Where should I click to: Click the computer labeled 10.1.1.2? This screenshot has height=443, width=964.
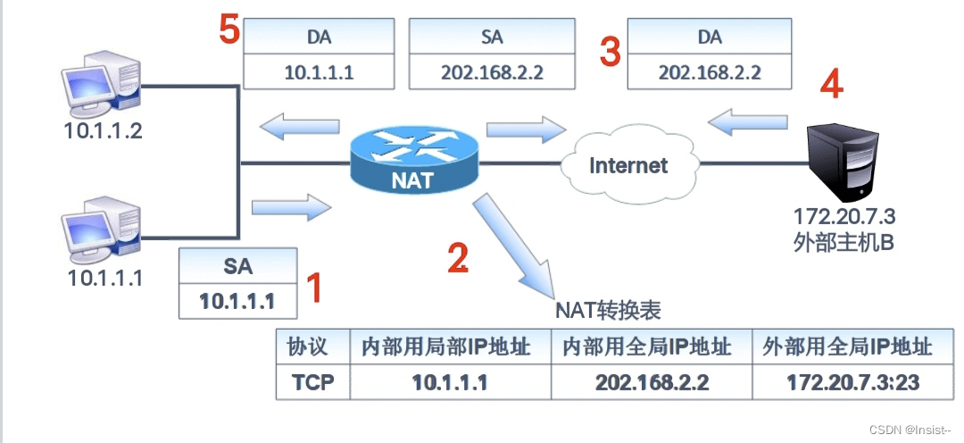pyautogui.click(x=99, y=84)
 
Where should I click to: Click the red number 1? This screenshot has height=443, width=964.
pyautogui.click(x=314, y=288)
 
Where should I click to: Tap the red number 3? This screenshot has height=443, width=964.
pyautogui.click(x=610, y=52)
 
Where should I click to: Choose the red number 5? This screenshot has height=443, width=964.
pyautogui.click(x=230, y=29)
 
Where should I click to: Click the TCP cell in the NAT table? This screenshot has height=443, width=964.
pyautogui.click(x=313, y=383)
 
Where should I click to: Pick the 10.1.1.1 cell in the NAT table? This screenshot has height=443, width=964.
pyautogui.click(x=450, y=383)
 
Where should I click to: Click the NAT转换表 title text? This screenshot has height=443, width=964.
pyautogui.click(x=608, y=310)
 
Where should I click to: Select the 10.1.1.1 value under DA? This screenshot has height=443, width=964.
pyautogui.click(x=319, y=72)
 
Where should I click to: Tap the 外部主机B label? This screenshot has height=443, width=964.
pyautogui.click(x=843, y=242)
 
